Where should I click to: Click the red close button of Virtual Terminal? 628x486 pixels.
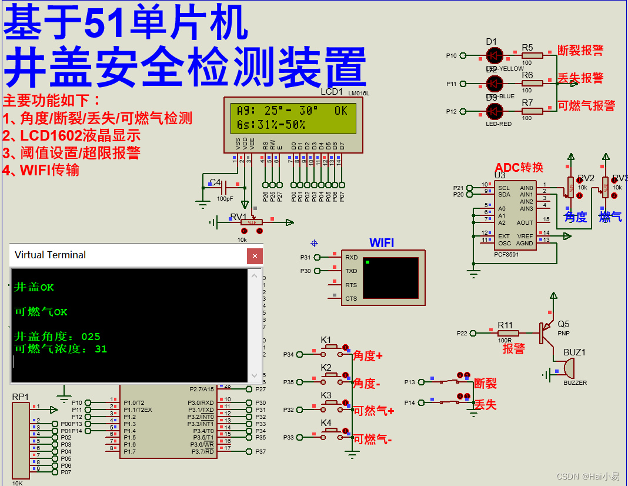[255, 256]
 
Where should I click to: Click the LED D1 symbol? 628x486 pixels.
[495, 55]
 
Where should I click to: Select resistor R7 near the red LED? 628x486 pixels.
[532, 111]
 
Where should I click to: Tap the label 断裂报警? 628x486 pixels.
[580, 51]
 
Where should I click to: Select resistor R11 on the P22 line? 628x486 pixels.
[505, 333]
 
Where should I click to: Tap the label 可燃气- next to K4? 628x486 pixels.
[372, 439]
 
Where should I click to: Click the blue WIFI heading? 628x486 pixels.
[382, 243]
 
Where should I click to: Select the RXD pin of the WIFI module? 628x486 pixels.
[350, 257]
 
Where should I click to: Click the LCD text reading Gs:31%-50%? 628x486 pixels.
[270, 124]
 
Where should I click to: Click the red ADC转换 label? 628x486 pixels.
[519, 168]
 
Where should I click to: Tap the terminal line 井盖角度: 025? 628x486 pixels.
[57, 337]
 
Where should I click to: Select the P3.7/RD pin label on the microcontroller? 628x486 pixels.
[201, 452]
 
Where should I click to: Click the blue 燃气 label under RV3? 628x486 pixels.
[610, 217]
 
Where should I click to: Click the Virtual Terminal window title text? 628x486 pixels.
[51, 255]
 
